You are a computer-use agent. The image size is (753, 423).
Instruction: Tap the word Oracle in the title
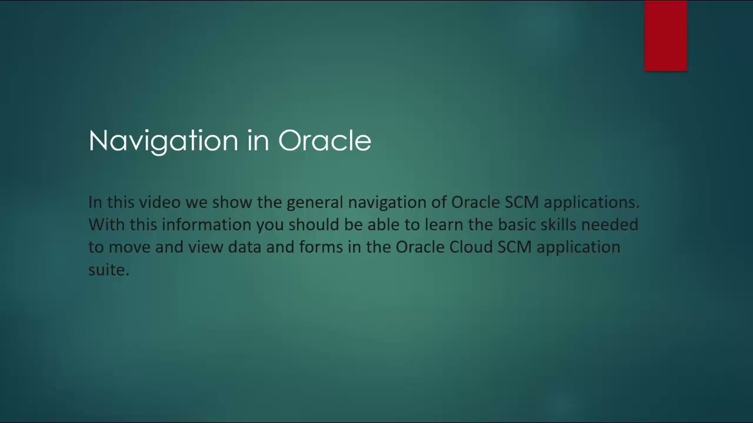[x=324, y=141]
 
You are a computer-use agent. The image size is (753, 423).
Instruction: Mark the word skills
[x=558, y=225]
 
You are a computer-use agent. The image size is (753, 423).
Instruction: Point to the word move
[x=129, y=247]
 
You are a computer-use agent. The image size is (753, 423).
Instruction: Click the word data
[x=244, y=247]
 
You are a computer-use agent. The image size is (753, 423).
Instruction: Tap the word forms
[x=321, y=247]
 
